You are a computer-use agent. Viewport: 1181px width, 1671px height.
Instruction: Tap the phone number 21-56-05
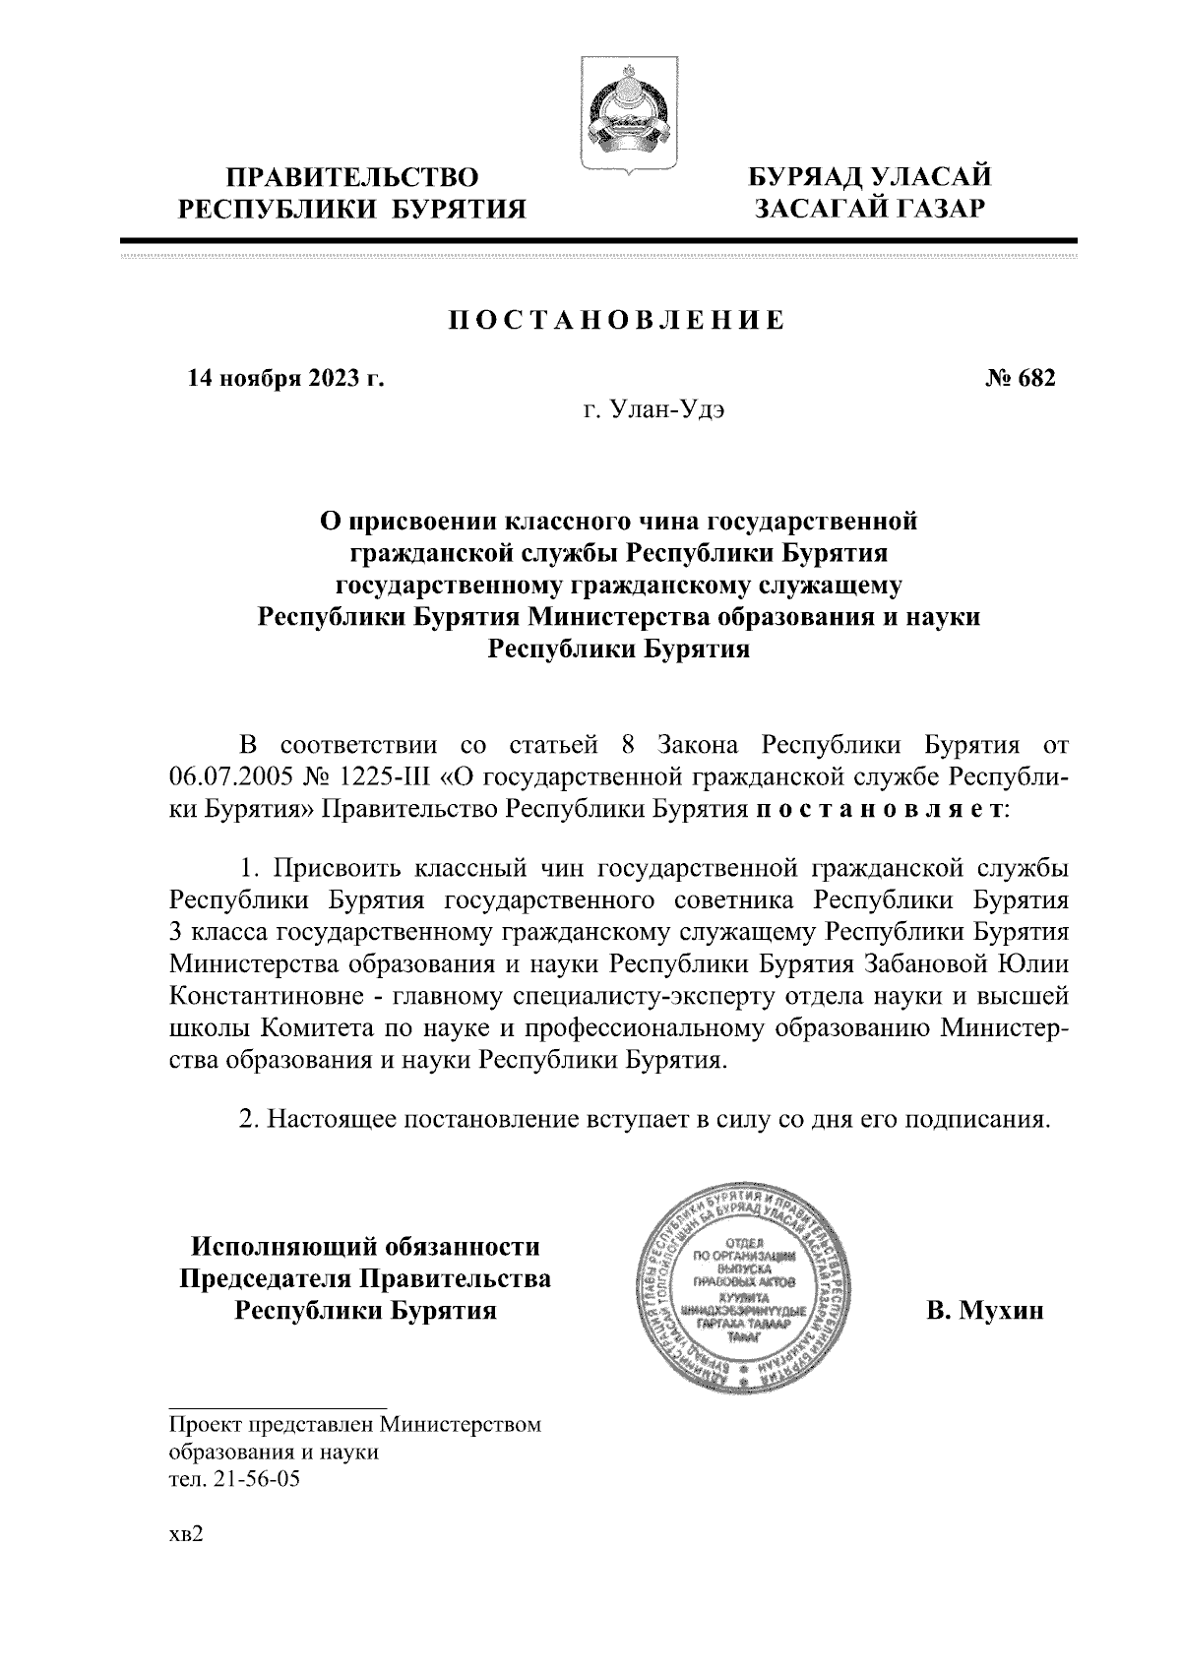coord(250,1479)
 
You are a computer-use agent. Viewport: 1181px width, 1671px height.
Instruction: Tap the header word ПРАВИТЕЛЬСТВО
coord(353,177)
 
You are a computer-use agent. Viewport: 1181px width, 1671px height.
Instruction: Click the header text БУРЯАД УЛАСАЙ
coord(869,177)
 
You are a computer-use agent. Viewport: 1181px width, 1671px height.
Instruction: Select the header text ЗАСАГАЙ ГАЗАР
coord(869,209)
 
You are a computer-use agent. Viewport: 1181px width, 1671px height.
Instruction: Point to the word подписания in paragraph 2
coord(969,1119)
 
